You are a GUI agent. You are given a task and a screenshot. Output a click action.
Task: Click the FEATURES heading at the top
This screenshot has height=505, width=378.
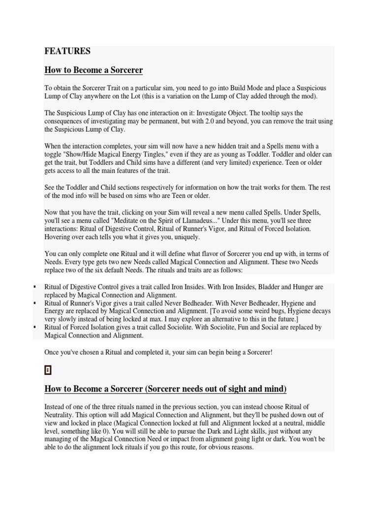point(67,51)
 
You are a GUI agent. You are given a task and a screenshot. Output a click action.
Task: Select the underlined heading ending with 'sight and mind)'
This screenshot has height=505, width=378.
point(165,389)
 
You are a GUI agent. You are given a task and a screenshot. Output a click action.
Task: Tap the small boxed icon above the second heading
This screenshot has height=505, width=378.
point(48,370)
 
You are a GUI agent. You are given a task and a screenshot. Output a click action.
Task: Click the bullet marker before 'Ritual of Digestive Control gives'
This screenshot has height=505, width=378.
point(35,287)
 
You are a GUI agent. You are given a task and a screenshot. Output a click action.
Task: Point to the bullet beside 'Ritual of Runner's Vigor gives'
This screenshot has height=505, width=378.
point(35,303)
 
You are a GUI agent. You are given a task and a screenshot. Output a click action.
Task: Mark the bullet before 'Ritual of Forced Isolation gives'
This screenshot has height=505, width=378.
point(35,327)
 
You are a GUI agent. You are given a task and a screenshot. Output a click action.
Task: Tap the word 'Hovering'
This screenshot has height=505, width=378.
point(58,237)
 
